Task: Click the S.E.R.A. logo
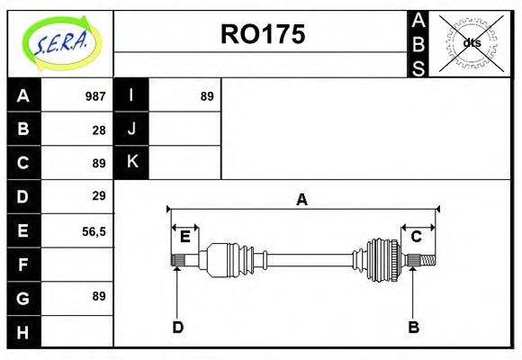[x=60, y=42]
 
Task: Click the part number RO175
[x=263, y=34]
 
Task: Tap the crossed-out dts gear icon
[x=471, y=42]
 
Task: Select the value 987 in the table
[x=95, y=96]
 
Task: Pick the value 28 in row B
[x=99, y=130]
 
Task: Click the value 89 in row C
[x=99, y=163]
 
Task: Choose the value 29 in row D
[x=99, y=195]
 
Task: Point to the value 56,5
[x=94, y=230]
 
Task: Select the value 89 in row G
[x=99, y=296]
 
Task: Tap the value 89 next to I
[x=207, y=96]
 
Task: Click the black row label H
[x=23, y=332]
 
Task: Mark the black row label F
[x=23, y=264]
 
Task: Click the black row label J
[x=131, y=129]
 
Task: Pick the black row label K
[x=131, y=162]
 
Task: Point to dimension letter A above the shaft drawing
[x=302, y=200]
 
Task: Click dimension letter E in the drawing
[x=185, y=237]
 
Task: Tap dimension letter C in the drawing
[x=416, y=237]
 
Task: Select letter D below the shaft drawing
[x=178, y=327]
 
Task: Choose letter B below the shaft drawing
[x=413, y=327]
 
